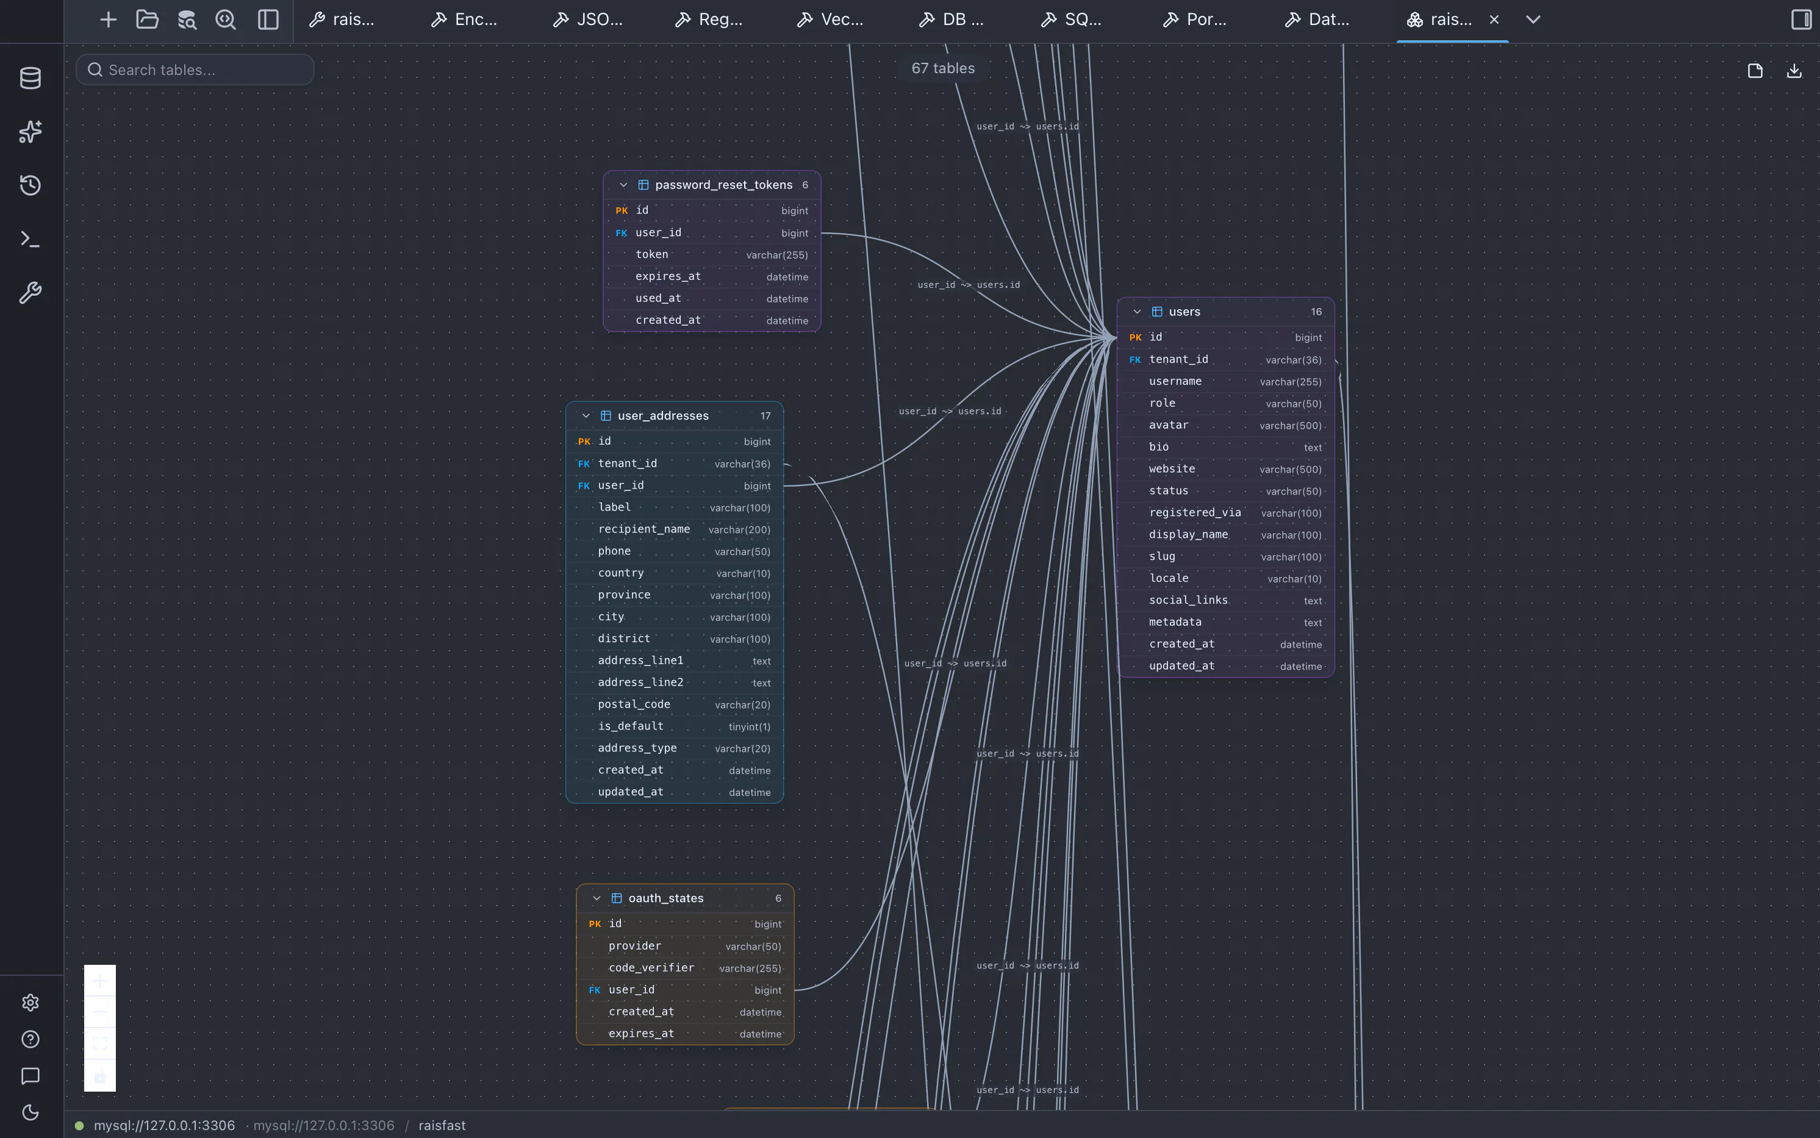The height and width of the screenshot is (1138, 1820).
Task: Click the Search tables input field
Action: coord(195,70)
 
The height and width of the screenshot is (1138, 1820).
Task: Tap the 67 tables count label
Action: coord(942,68)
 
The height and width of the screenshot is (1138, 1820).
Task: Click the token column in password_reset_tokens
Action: coord(652,254)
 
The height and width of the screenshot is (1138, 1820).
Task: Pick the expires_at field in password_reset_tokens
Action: coord(668,276)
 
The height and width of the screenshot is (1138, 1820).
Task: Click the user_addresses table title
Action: coord(663,415)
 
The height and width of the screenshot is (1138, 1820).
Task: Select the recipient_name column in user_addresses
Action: coord(643,529)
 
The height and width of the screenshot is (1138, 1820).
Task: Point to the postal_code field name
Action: coord(634,704)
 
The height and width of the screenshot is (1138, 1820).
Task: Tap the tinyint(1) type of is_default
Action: coord(749,727)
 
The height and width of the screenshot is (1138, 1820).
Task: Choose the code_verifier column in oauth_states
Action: coord(651,968)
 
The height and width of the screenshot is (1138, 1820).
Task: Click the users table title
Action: coord(1184,312)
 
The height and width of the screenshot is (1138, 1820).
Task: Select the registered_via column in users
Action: coord(1194,512)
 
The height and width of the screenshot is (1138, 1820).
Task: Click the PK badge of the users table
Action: coord(1135,337)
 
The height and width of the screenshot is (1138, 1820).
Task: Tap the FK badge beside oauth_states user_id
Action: coord(595,990)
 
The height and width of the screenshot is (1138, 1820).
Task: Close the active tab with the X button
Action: coord(1494,20)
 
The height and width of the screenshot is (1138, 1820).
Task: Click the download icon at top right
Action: coord(1794,71)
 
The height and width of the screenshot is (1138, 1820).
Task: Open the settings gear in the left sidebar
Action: coord(30,1003)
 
